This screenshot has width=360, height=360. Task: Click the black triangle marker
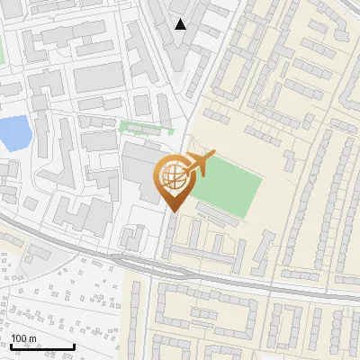[181, 24]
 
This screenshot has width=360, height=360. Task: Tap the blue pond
[13, 132]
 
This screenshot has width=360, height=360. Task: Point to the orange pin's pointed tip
[173, 211]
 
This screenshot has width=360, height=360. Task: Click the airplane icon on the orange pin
[199, 165]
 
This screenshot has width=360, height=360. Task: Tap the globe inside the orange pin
[173, 177]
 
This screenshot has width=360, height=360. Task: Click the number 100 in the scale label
[19, 338]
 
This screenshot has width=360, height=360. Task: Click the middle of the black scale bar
[42, 346]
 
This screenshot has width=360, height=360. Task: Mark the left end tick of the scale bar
[11, 346]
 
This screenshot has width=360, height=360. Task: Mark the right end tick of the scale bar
[74, 346]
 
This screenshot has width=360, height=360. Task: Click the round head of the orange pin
[173, 176]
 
